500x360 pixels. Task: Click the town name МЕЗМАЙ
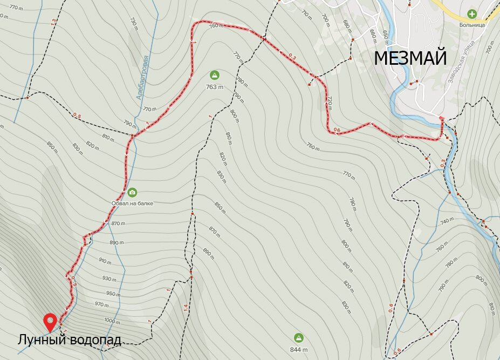410,57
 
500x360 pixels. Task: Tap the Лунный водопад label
69,340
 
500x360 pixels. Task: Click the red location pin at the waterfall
51,322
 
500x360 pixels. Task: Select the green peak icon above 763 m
214,75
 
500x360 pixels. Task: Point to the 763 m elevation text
214,86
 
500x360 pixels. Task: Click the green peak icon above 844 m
298,338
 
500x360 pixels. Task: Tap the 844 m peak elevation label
298,349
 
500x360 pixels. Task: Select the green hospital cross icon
472,14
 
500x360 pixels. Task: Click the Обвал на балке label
133,203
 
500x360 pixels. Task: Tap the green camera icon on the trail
132,192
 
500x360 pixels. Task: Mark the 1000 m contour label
112,321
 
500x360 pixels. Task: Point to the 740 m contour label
446,222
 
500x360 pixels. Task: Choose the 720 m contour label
328,103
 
